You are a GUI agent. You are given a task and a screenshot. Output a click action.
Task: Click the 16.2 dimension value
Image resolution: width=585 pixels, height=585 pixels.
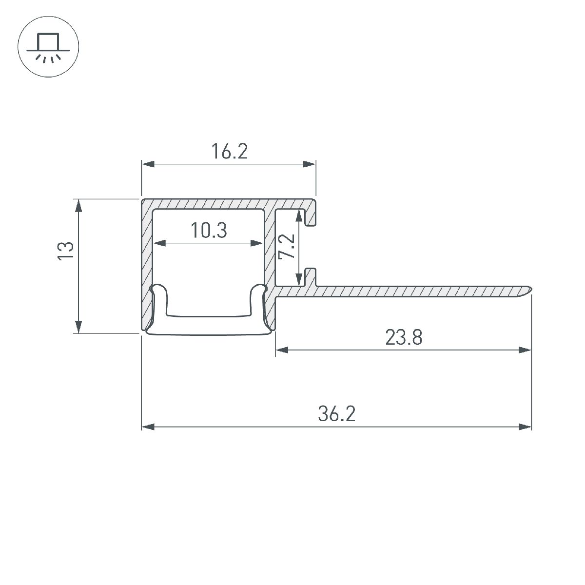230,152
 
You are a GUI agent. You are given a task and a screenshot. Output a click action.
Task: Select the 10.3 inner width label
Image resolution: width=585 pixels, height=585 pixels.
209,231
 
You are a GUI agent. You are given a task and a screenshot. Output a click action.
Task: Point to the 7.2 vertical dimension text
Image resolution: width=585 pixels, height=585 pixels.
288,247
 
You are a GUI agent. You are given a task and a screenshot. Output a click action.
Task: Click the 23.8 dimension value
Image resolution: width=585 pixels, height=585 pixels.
403,337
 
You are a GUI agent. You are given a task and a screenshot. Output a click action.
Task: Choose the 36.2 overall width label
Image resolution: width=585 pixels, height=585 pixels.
337,415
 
